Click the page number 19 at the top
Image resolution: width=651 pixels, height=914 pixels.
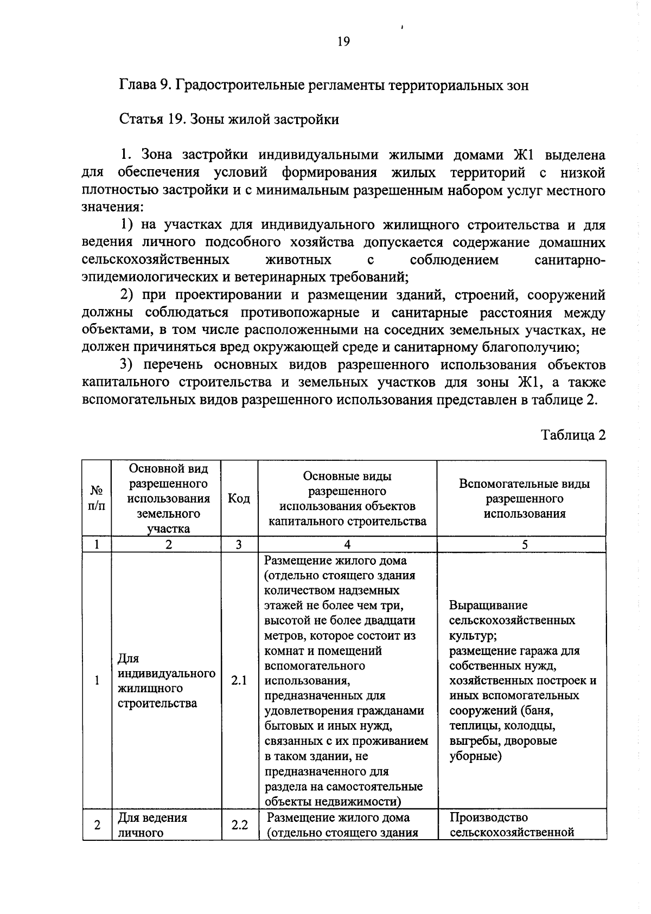[x=343, y=42]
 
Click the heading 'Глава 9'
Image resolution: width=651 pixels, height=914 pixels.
[x=145, y=85]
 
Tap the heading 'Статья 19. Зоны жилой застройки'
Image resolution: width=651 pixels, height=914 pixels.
[x=229, y=119]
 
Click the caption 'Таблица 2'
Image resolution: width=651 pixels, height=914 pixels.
[x=573, y=435]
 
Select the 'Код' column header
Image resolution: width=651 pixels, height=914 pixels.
[x=239, y=498]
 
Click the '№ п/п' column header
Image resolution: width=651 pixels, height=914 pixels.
[x=97, y=498]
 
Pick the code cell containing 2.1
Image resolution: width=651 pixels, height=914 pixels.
[x=239, y=680]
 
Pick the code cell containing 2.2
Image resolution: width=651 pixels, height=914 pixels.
[x=239, y=825]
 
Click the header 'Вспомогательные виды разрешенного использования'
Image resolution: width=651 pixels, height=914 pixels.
[x=524, y=498]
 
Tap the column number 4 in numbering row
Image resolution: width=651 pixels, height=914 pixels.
[x=347, y=545]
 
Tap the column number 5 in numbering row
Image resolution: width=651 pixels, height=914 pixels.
[x=524, y=545]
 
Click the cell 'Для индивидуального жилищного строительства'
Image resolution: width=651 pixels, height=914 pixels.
[x=166, y=680]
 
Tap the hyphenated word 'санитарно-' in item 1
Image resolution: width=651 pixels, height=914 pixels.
[x=570, y=260]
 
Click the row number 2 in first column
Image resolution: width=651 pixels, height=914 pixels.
[x=97, y=825]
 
